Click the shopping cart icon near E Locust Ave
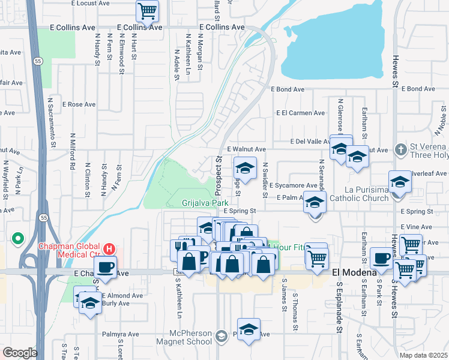[147, 10]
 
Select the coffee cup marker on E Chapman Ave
[105, 267]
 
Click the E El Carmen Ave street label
[300, 113]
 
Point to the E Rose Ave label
[82, 104]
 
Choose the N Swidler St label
[264, 181]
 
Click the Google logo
[20, 353]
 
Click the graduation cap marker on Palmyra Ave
[249, 330]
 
